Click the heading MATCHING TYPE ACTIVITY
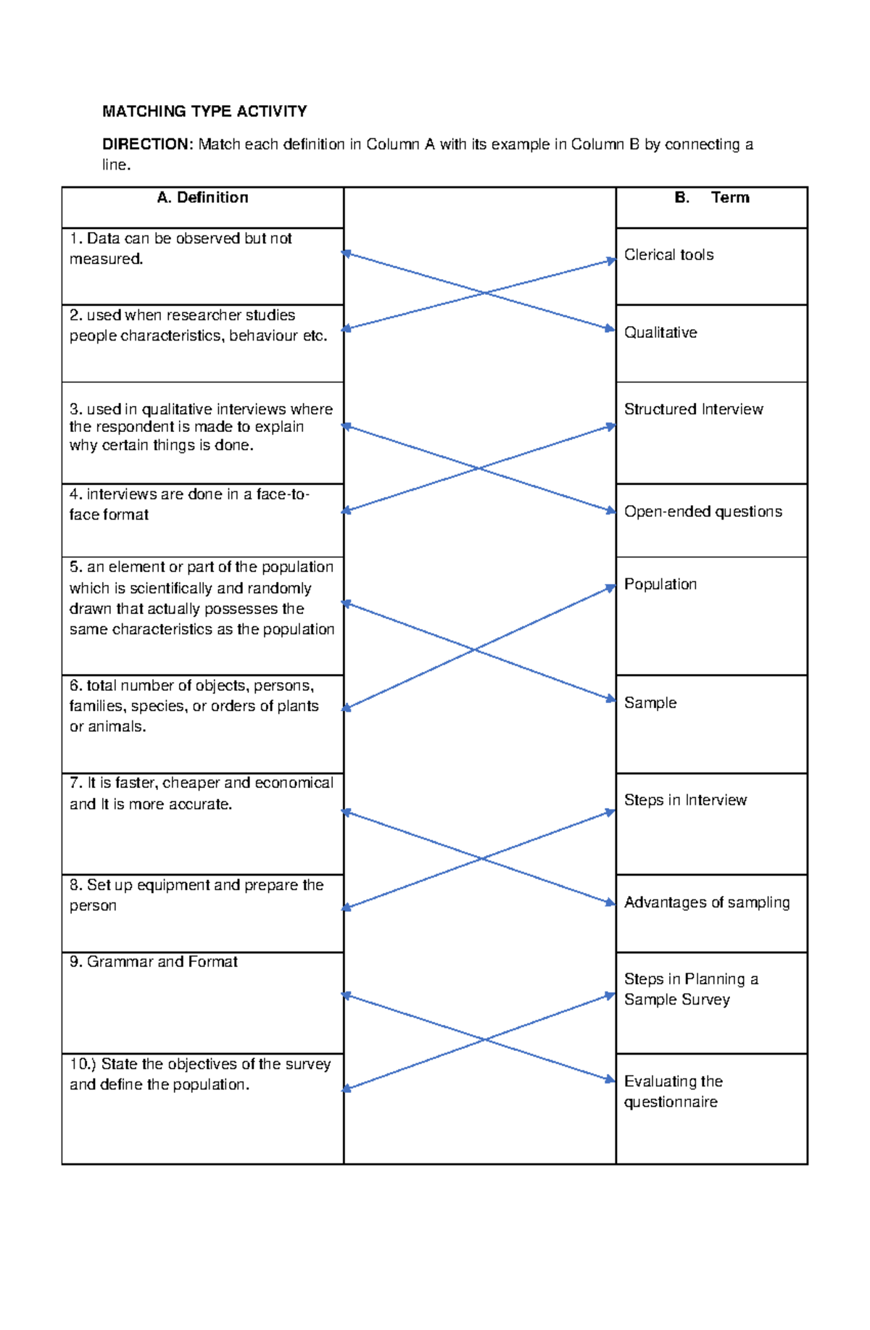click(x=204, y=112)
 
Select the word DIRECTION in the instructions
click(x=147, y=144)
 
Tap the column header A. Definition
click(x=202, y=198)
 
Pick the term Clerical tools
click(x=668, y=255)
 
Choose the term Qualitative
click(x=660, y=333)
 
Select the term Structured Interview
click(x=693, y=410)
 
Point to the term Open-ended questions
click(x=703, y=512)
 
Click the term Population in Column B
click(x=660, y=584)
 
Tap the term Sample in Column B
click(x=650, y=703)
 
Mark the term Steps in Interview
click(x=685, y=800)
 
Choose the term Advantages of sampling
click(x=706, y=902)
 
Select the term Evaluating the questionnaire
click(x=673, y=1092)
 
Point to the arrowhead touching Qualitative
click(x=610, y=329)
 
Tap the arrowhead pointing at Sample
click(x=610, y=699)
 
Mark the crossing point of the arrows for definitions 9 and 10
click(x=484, y=1039)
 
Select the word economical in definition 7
click(x=294, y=784)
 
